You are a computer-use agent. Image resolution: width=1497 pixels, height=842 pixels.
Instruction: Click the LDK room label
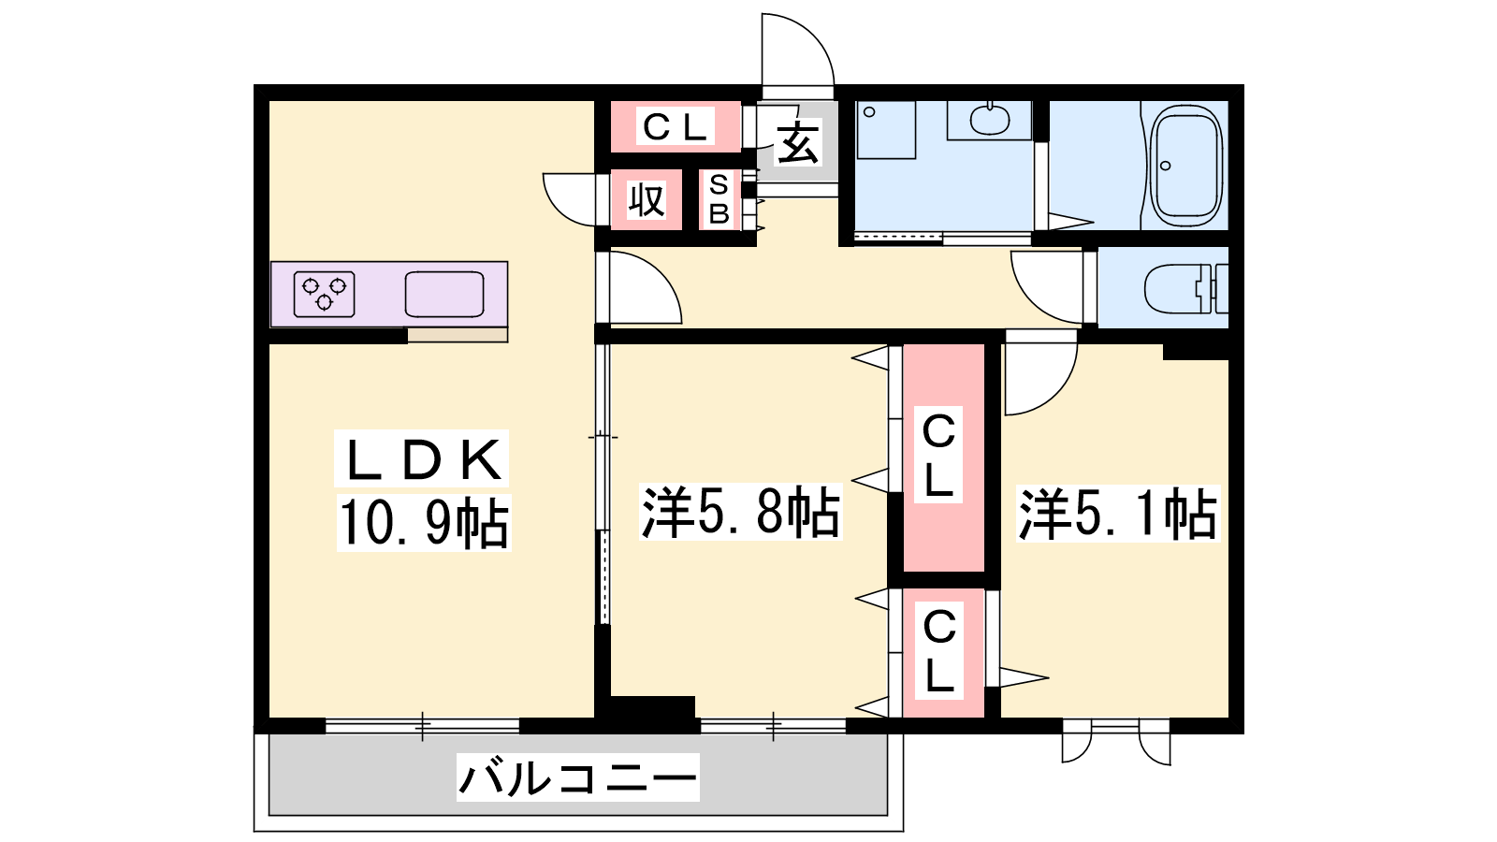[x=422, y=459]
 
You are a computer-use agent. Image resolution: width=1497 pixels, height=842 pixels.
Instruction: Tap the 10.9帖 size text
[x=424, y=523]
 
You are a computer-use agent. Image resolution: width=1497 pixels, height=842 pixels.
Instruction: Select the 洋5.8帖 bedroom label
[x=740, y=512]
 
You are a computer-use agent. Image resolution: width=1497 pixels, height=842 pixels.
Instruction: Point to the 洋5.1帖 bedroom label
[x=1117, y=514]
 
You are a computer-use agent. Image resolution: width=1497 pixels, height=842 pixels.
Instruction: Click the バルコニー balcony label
[x=578, y=777]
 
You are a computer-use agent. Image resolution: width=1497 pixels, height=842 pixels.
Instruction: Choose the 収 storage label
[x=647, y=200]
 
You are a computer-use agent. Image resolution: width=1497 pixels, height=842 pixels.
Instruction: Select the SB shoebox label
[x=719, y=199]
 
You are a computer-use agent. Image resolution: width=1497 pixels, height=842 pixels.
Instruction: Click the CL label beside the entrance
[x=675, y=127]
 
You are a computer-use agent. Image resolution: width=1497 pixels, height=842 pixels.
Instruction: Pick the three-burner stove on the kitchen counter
[x=324, y=294]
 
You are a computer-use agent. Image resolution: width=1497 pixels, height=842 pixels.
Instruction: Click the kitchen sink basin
[x=444, y=294]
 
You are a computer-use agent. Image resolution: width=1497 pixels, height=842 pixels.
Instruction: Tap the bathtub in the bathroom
[x=1186, y=165]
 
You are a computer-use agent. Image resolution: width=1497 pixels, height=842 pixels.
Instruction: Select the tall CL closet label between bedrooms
[x=938, y=455]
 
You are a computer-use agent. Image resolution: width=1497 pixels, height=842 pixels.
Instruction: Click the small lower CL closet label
[x=939, y=651]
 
